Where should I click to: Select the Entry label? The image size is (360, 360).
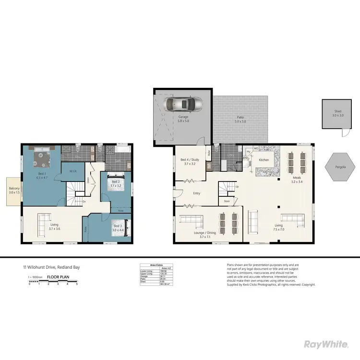pyautogui.click(x=197, y=193)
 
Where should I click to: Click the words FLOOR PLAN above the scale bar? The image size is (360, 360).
pyautogui.click(x=56, y=277)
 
